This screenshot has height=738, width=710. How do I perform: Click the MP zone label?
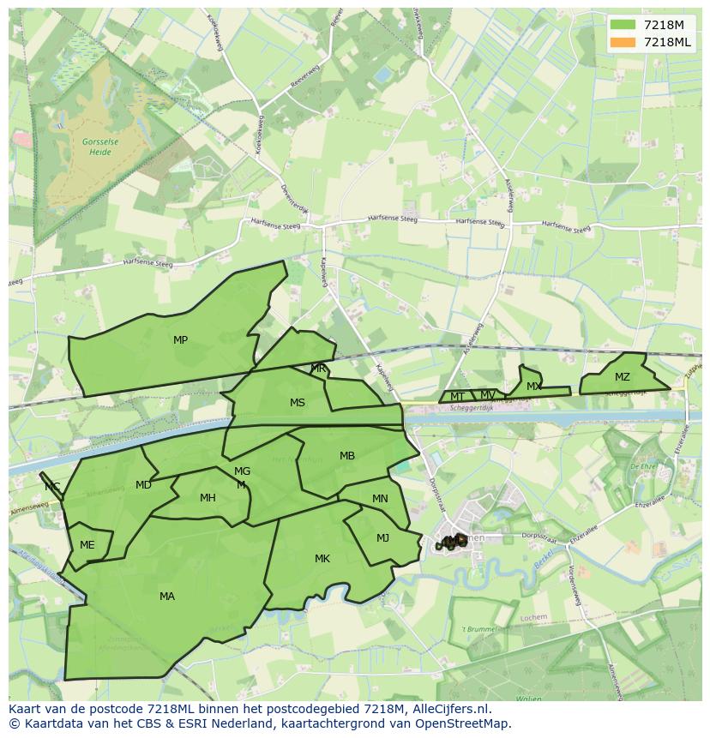point(180,340)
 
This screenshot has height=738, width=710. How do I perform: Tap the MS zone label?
point(298,403)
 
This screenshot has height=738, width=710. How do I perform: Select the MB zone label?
point(347,456)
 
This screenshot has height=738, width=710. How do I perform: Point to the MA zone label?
point(167,597)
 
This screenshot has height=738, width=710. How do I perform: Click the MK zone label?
point(322,559)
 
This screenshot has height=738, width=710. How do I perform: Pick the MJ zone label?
point(382,538)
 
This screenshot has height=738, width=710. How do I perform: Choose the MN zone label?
point(380,499)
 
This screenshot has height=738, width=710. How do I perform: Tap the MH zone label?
point(208,498)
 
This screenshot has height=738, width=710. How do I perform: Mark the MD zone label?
point(143,485)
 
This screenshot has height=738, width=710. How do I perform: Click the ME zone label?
point(87,545)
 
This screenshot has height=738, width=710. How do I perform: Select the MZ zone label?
point(623,377)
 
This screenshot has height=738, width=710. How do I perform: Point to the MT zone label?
point(458,397)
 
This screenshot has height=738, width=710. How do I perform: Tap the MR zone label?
point(318,369)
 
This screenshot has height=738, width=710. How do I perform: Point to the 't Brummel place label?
point(479,629)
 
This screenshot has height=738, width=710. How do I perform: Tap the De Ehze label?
point(643,466)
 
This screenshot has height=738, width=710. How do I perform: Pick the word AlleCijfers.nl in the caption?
point(449,709)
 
